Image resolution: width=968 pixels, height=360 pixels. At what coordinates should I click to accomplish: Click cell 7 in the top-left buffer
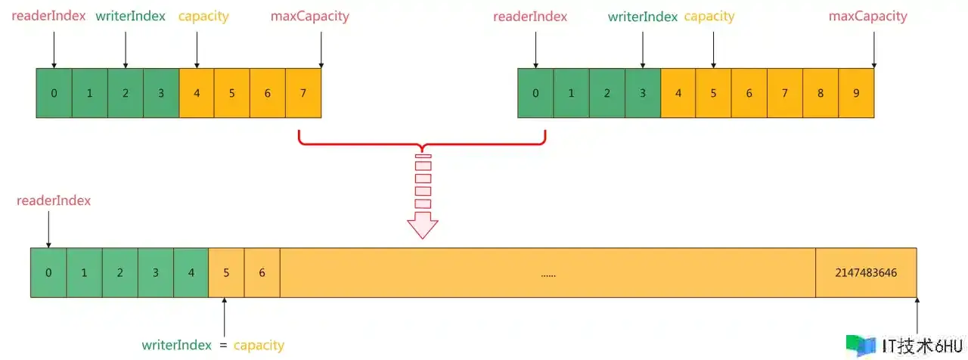click(x=303, y=93)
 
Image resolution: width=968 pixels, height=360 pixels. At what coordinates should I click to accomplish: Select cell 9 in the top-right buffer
click(x=856, y=93)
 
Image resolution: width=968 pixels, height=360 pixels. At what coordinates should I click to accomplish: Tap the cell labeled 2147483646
click(x=866, y=273)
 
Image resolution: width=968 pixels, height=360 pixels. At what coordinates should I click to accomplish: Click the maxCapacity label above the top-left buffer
click(x=310, y=17)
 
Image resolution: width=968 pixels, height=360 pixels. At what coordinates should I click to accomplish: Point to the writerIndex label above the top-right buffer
click(x=643, y=17)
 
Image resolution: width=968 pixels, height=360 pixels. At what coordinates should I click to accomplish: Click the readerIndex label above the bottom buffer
click(x=54, y=200)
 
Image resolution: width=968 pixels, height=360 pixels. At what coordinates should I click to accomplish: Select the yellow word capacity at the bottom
click(x=259, y=346)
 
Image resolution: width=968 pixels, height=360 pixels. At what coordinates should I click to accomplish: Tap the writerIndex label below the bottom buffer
click(x=177, y=345)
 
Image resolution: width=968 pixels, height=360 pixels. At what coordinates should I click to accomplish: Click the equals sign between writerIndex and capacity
click(x=223, y=346)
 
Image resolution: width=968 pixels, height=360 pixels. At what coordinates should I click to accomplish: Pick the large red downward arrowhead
click(x=423, y=225)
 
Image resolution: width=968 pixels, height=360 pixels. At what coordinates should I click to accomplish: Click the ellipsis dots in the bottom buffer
click(x=548, y=275)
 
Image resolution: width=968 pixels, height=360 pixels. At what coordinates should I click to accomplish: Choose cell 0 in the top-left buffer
click(x=54, y=93)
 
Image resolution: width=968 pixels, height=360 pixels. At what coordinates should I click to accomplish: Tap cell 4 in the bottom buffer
click(x=191, y=273)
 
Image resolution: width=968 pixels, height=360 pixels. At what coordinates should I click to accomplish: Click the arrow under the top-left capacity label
click(x=197, y=50)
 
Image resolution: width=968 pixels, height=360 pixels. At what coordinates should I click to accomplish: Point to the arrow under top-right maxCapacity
click(x=873, y=50)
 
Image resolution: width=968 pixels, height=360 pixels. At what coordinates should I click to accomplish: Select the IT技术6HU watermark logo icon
click(x=861, y=346)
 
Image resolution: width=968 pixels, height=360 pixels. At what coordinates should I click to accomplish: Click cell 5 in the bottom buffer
click(x=226, y=273)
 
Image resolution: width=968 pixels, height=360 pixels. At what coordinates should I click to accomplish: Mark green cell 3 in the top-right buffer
click(x=643, y=93)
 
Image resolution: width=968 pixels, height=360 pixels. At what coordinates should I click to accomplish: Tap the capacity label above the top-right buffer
click(x=709, y=17)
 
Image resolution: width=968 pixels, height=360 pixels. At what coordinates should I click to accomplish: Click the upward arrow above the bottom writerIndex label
click(x=225, y=317)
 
